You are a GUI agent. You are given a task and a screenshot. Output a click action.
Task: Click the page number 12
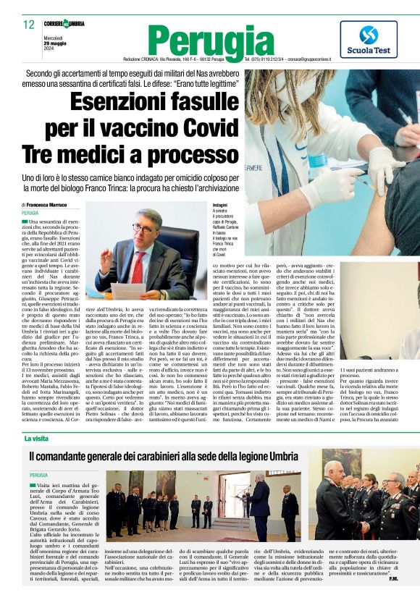[x=29, y=25]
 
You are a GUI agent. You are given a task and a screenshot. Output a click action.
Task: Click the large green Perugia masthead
[x=205, y=39]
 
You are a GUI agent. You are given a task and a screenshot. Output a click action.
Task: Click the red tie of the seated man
[x=138, y=269]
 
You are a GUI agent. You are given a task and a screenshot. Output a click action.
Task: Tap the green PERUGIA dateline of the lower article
[x=39, y=474]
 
